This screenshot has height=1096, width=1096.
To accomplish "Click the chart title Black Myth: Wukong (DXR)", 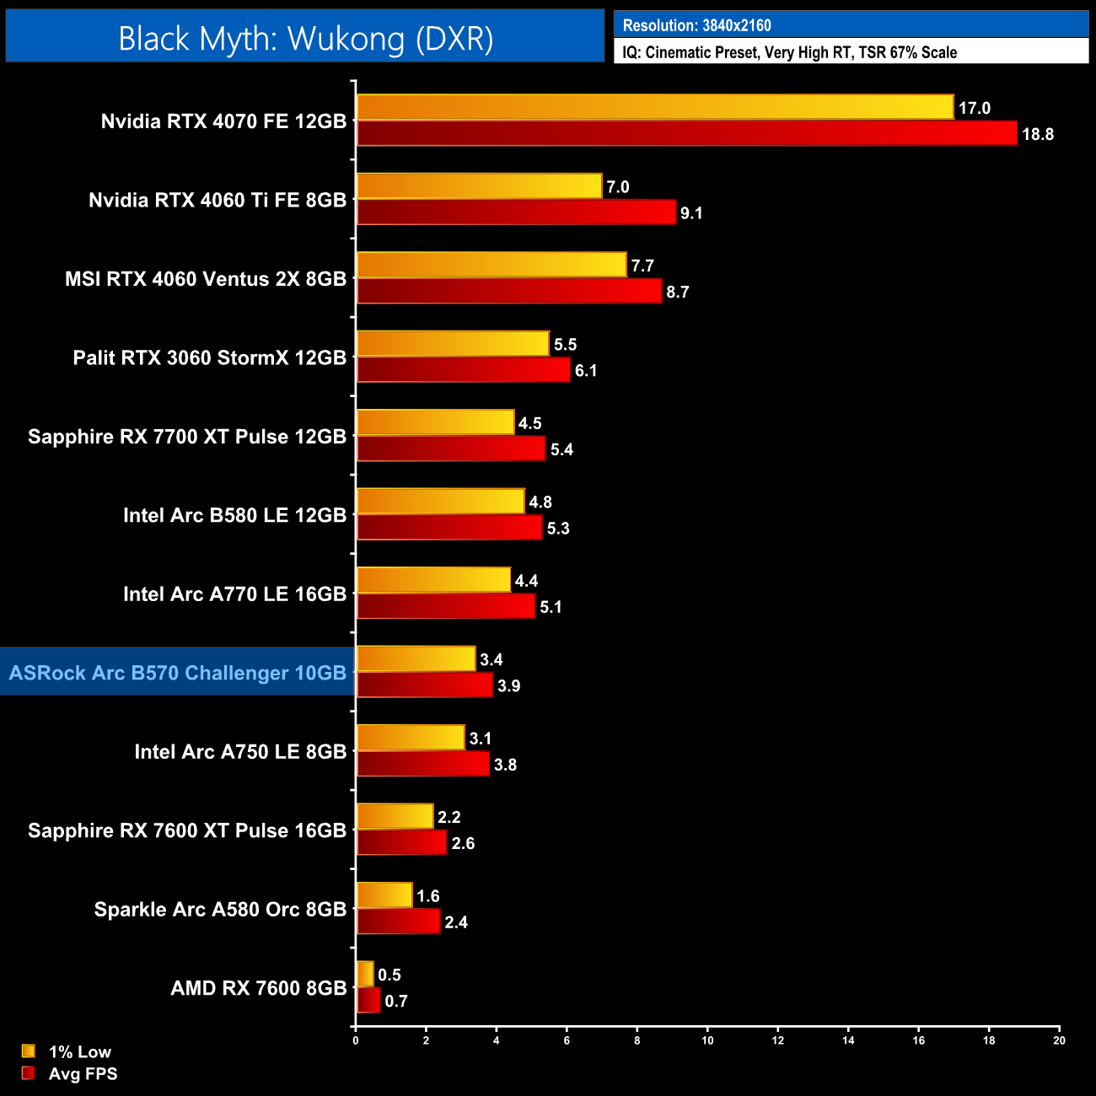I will click(x=305, y=39).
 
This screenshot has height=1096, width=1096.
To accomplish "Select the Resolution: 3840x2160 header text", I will click(x=696, y=25).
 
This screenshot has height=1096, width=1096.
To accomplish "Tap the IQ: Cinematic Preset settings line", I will click(x=789, y=52).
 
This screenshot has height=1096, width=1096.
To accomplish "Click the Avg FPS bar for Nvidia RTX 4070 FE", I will click(x=686, y=133).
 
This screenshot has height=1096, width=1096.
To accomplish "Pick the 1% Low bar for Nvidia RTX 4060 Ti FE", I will click(x=479, y=186).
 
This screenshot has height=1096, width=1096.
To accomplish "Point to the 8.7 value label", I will click(x=678, y=292).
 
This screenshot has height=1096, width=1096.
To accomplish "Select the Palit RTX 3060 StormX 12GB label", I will click(x=210, y=357).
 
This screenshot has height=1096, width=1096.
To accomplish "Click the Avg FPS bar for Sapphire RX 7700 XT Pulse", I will click(x=451, y=449).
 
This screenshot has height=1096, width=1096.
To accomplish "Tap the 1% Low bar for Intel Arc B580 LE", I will click(x=440, y=502).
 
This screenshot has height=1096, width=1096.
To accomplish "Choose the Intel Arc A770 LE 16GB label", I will click(x=234, y=594).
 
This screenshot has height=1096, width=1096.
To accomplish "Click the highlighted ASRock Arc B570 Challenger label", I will click(x=178, y=673).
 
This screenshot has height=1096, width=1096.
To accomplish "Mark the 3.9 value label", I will click(x=508, y=685).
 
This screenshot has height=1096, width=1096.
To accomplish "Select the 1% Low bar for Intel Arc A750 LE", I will click(x=411, y=738).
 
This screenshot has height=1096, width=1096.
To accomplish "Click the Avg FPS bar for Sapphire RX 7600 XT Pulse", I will click(x=401, y=842).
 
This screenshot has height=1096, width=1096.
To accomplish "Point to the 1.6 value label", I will click(x=428, y=896).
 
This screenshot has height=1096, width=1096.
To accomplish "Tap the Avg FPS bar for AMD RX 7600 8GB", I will click(x=368, y=1000).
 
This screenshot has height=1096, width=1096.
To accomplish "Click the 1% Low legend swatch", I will click(x=29, y=1051).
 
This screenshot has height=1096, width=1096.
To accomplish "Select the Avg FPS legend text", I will click(x=83, y=1073).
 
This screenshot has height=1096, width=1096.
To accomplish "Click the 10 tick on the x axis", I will click(x=707, y=1040).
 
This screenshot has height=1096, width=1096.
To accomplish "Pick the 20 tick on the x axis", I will click(x=1059, y=1040).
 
